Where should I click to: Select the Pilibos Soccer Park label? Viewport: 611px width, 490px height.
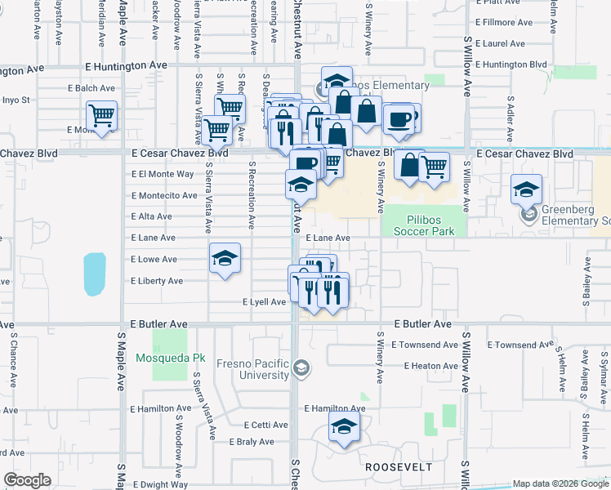(424, 225)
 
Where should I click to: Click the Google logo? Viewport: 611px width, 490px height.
(27, 480)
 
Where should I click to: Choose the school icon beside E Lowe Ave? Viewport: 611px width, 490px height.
(225, 259)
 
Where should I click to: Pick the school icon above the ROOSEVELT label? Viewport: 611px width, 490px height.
(344, 426)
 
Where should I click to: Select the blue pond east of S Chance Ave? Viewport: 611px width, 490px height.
(95, 274)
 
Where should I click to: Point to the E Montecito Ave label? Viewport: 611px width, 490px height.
(164, 196)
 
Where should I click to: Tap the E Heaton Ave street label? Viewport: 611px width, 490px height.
(430, 366)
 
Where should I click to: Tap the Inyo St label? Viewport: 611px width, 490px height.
(16, 100)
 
